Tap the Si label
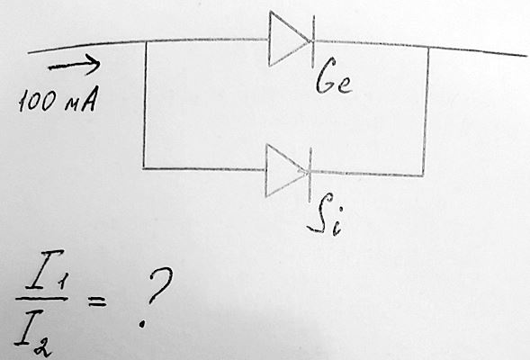coord(325,220)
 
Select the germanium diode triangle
coord(290,39)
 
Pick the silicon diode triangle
coord(287,170)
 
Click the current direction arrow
coord(75,64)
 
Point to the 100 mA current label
coord(58,99)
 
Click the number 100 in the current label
coord(36,101)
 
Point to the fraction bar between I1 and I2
coord(41,299)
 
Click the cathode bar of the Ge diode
coord(313,41)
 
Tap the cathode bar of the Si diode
coord(310,175)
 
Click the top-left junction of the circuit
coord(146,41)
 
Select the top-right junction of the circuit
coord(428,47)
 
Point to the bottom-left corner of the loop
coord(143,168)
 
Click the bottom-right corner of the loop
coord(423,175)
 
